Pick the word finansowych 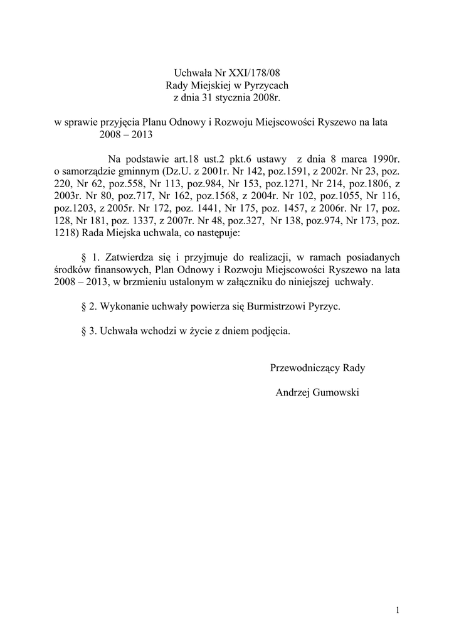point(122,270)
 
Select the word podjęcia point(270,331)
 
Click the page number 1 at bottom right point(398,610)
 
